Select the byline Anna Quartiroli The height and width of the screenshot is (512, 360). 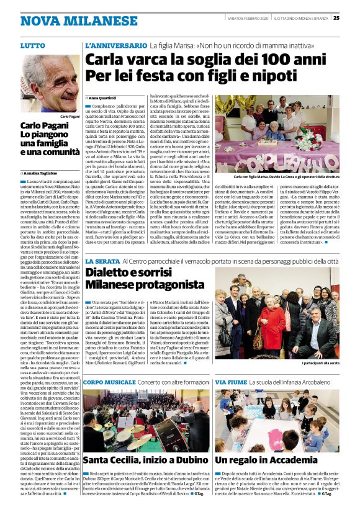click(x=103, y=98)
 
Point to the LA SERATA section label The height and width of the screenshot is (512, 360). click(x=102, y=261)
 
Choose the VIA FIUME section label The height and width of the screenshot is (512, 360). click(x=232, y=382)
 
